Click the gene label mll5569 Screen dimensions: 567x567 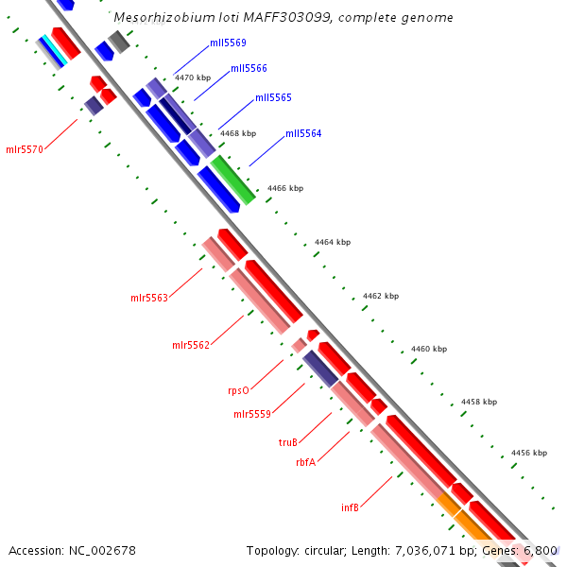coord(228,43)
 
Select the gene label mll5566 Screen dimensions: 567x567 coord(249,68)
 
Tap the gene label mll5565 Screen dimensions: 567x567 coord(273,98)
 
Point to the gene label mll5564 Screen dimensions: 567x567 coord(303,134)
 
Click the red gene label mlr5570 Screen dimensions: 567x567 coord(25,149)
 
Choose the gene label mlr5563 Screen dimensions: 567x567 coord(149,299)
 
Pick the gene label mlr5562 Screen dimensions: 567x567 coord(191,345)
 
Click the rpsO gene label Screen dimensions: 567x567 coord(238,390)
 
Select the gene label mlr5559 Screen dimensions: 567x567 coord(252,414)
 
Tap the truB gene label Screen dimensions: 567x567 coord(288,442)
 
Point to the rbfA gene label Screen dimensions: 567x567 coord(305,462)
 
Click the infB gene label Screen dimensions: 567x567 coord(350,507)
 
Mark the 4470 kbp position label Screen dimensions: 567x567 coord(193,77)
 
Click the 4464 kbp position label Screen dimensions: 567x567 coord(333,243)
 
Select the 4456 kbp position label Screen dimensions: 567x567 coord(529,454)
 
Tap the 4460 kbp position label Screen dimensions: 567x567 coord(429,350)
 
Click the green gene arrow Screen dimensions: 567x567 coord(232,180)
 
